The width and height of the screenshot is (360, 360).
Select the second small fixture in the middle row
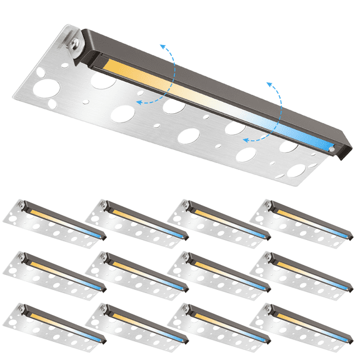click(x=137, y=272)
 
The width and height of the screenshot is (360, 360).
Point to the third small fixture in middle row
click(x=219, y=272)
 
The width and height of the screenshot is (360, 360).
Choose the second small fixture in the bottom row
click(x=137, y=323)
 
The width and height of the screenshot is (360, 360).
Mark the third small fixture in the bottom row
click(x=219, y=323)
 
